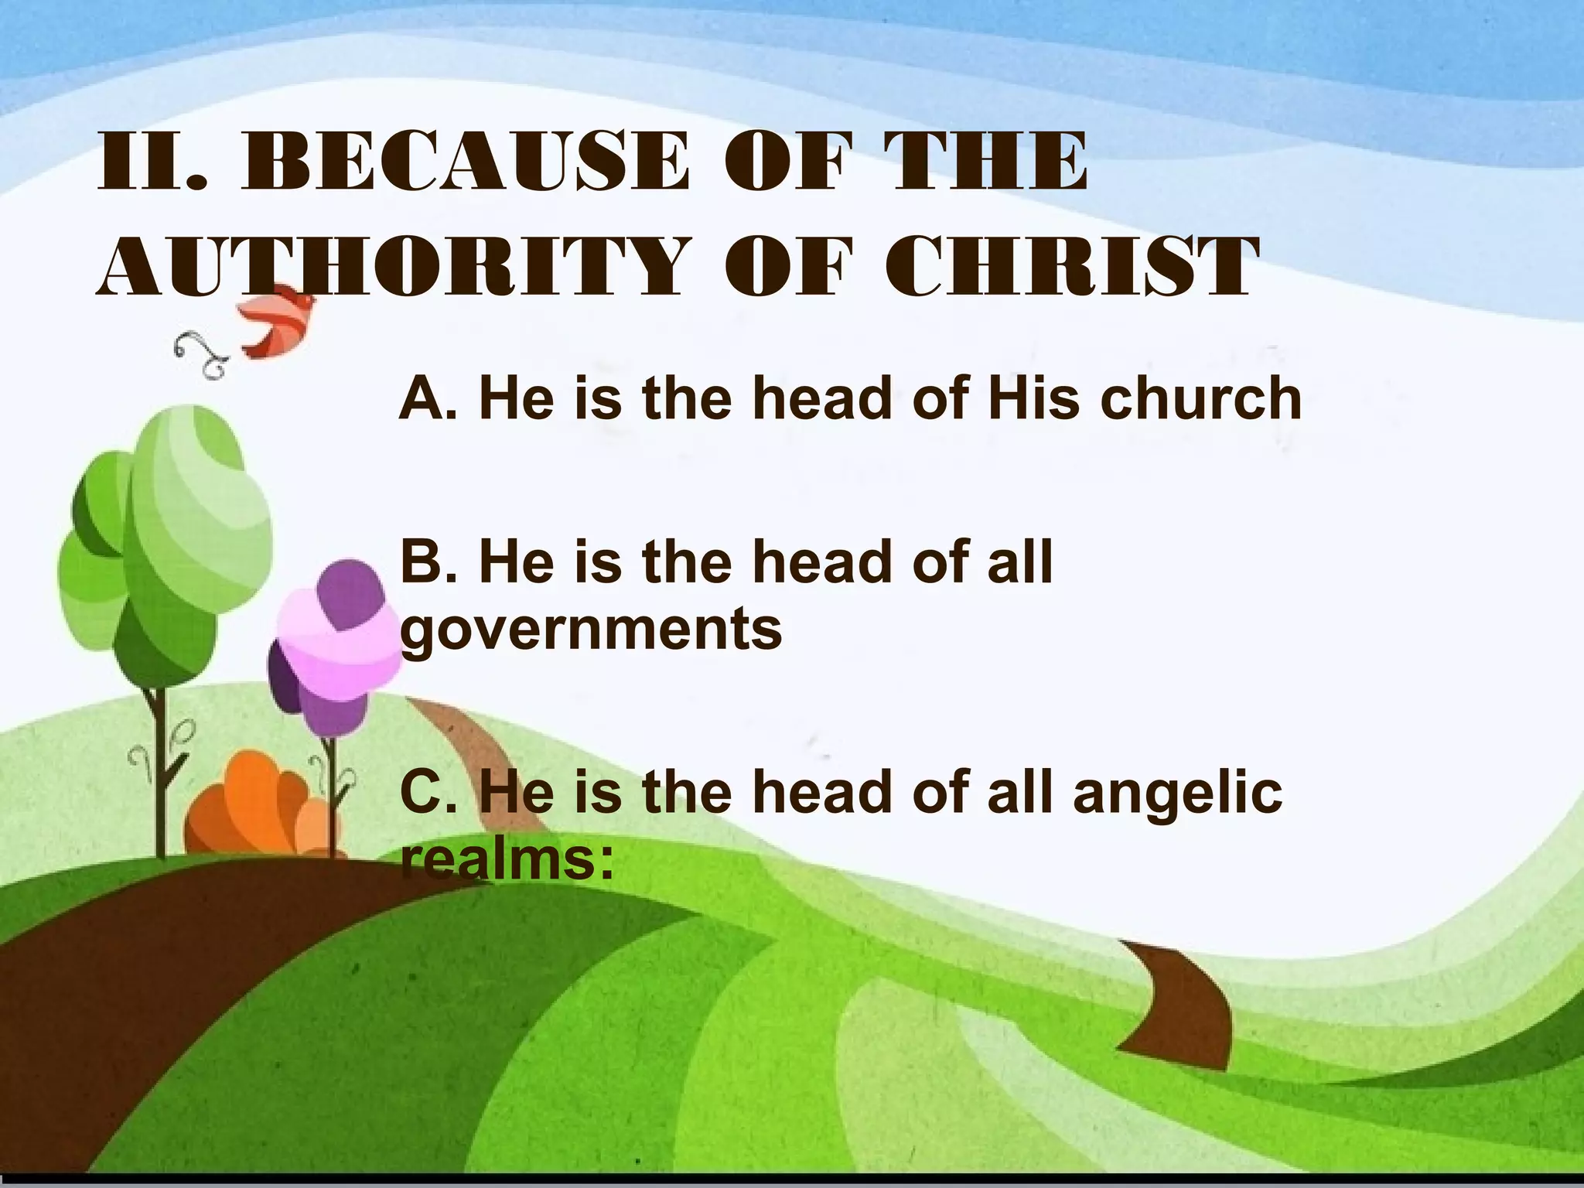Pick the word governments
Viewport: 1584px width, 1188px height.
point(592,628)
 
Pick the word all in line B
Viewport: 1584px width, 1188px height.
point(1020,562)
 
